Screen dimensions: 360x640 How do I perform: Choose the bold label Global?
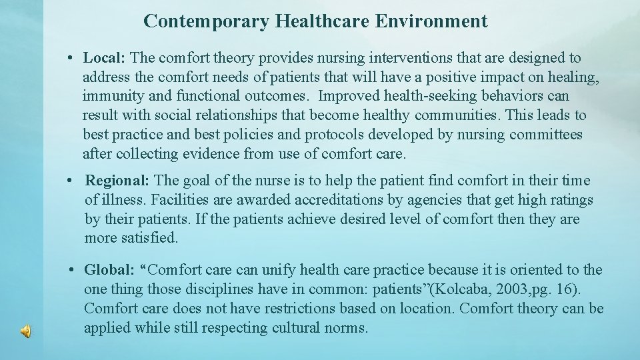pos(109,270)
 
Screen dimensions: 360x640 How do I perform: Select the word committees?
pos(546,135)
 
